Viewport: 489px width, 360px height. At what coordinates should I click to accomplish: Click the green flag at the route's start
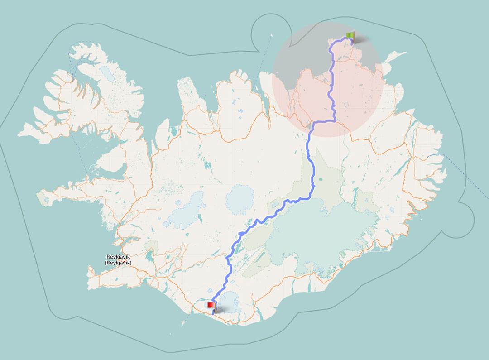350,35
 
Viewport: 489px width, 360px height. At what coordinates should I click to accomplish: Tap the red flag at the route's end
211,306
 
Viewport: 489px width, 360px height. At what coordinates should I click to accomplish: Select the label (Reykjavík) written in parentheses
118,263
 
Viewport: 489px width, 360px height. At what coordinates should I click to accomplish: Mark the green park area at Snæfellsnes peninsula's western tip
44,198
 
